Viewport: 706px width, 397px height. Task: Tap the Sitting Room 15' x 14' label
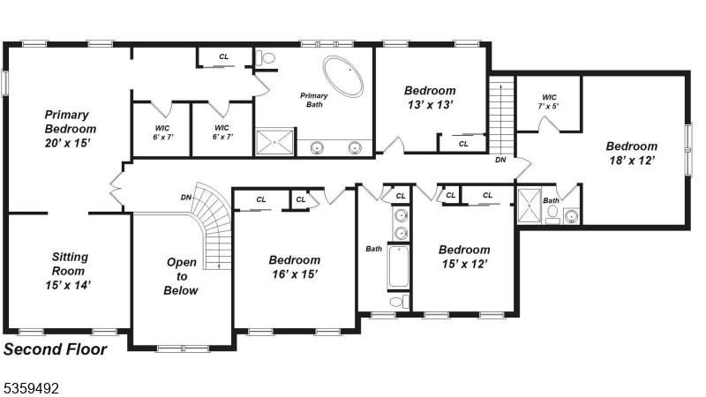[x=69, y=271]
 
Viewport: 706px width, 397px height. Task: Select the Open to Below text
[x=181, y=276]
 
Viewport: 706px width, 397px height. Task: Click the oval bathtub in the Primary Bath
[x=342, y=77]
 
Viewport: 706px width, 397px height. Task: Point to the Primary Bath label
[x=313, y=100]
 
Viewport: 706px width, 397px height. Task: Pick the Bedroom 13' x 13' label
[x=430, y=97]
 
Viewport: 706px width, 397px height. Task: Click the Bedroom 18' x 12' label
[x=631, y=154]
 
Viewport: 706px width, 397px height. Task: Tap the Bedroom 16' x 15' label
[x=294, y=267]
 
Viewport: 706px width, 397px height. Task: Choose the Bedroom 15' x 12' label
[x=463, y=257]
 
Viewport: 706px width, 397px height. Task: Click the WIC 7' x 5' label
[x=549, y=101]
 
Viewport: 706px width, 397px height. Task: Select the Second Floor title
[x=56, y=349]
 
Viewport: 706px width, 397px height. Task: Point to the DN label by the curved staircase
[x=186, y=197]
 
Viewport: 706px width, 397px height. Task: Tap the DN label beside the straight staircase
[x=500, y=161]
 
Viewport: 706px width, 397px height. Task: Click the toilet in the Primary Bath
[x=267, y=58]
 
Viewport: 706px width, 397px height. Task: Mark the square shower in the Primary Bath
[x=274, y=142]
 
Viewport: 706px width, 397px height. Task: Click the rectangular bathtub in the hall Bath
[x=399, y=266]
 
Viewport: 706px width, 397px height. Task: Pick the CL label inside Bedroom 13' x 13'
[x=463, y=143]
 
